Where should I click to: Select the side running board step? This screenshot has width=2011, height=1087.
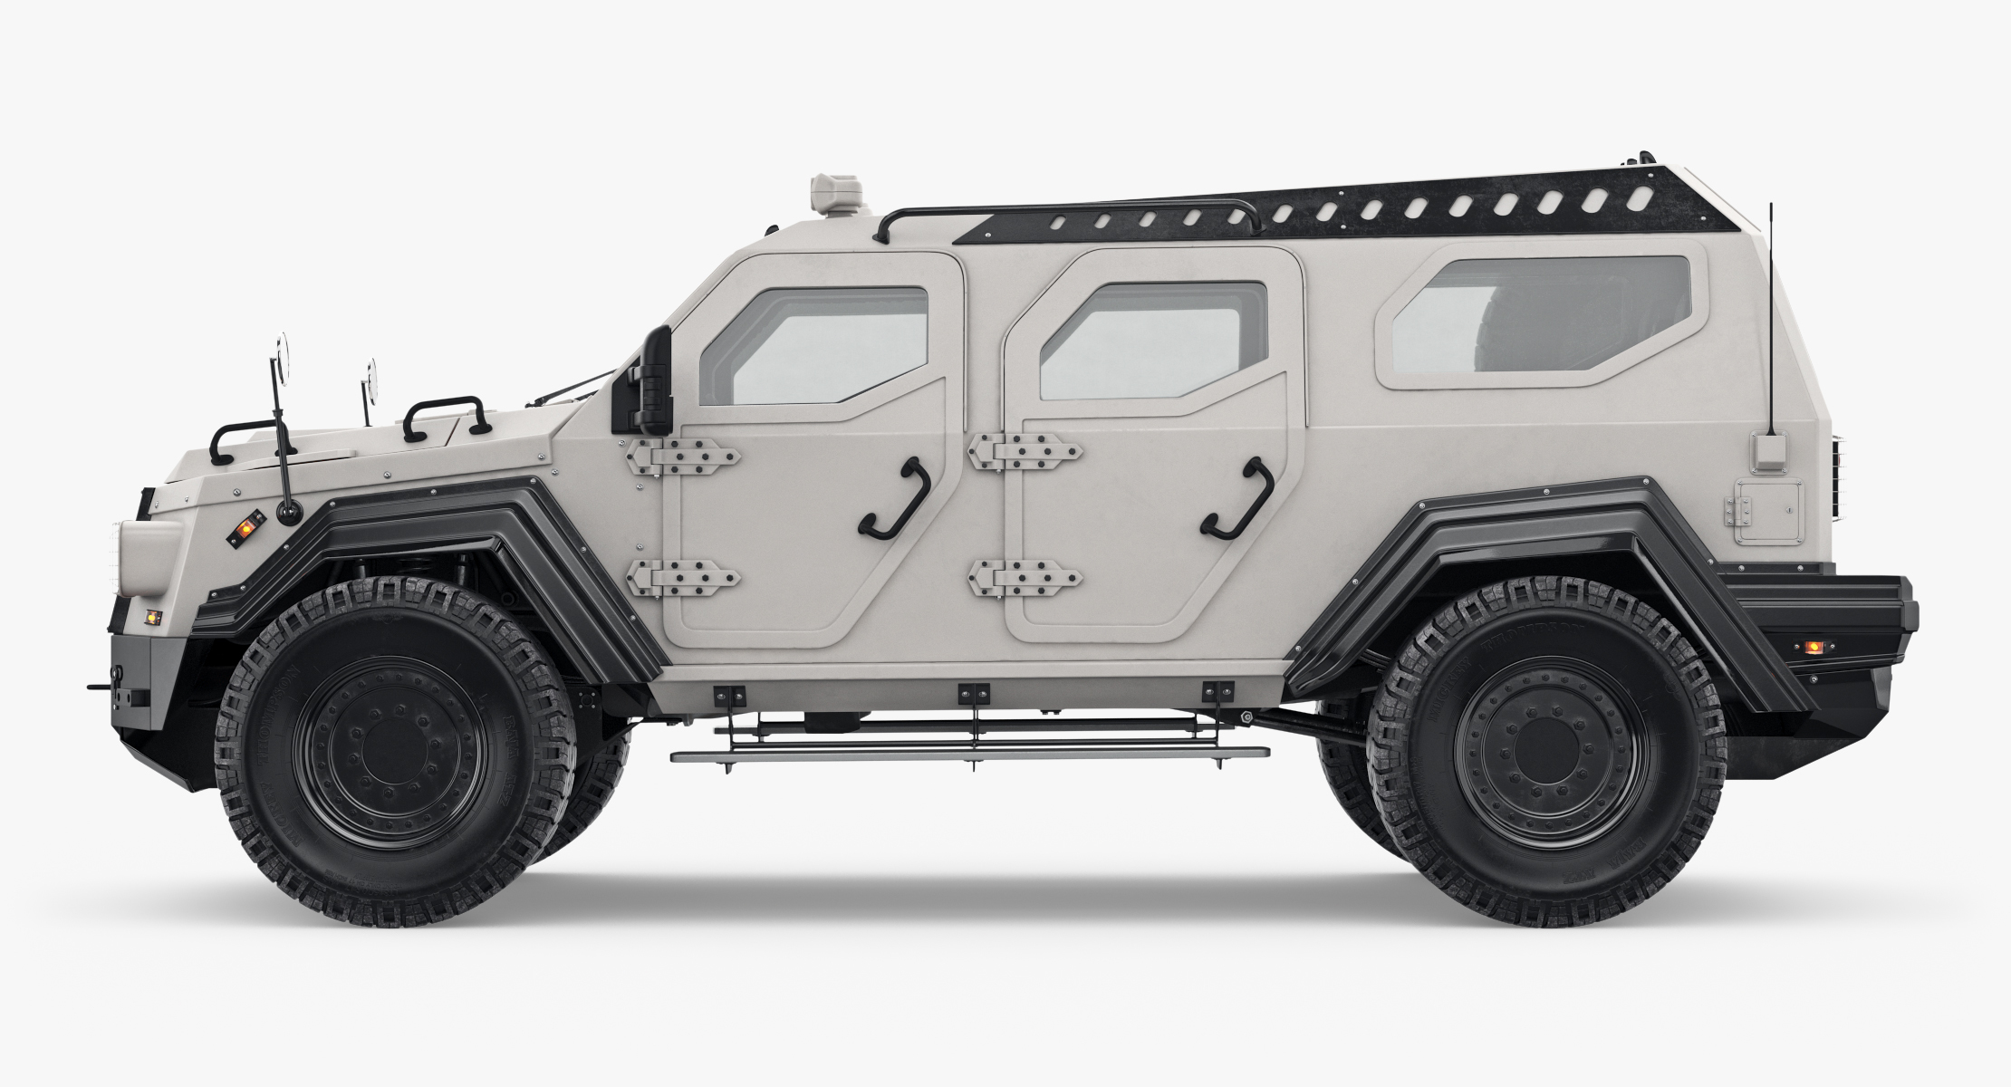pyautogui.click(x=969, y=753)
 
